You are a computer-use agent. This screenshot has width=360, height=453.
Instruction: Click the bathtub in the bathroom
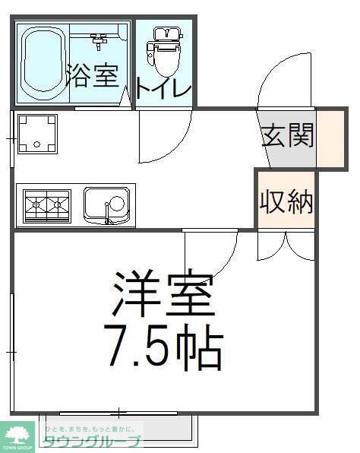(41, 64)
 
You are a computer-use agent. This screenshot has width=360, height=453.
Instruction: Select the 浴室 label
(92, 74)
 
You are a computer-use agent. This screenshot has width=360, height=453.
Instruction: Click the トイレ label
(163, 87)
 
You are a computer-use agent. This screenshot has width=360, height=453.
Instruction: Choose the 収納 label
(286, 201)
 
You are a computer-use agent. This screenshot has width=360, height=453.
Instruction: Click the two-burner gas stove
(46, 205)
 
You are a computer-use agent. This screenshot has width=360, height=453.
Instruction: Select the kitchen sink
(106, 205)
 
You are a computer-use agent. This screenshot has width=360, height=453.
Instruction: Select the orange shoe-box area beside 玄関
(330, 139)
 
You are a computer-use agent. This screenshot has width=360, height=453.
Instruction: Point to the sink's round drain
(117, 202)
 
